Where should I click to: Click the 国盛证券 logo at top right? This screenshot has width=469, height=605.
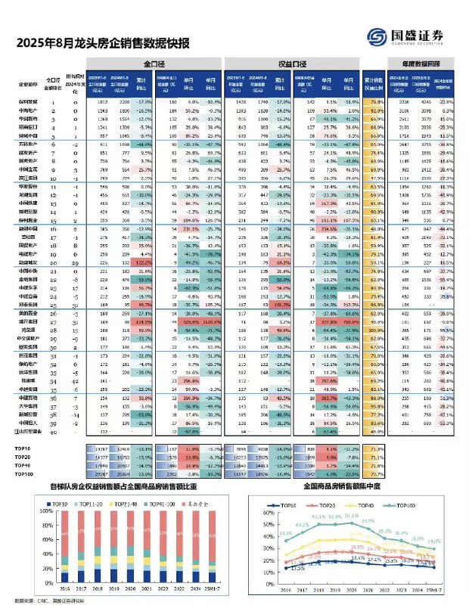pyautogui.click(x=402, y=37)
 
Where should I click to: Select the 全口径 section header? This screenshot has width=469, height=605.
pyautogui.click(x=153, y=66)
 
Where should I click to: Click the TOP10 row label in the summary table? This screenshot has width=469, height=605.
pyautogui.click(x=23, y=448)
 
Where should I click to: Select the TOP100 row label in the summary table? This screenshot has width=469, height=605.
pyautogui.click(x=23, y=473)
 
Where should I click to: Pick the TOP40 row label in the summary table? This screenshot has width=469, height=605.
pyautogui.click(x=23, y=464)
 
